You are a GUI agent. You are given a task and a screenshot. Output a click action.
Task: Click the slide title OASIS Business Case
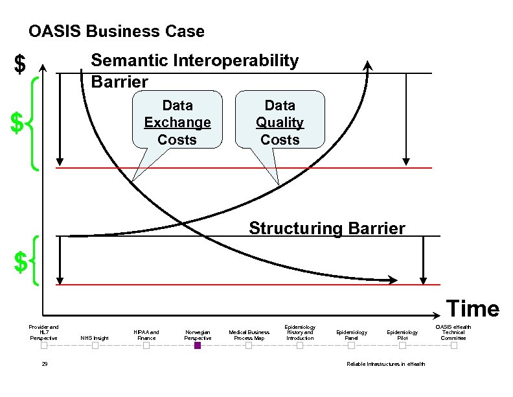(117, 31)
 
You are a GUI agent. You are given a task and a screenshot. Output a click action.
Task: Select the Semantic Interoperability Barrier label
(194, 71)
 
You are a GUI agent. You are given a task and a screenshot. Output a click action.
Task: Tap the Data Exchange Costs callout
(177, 122)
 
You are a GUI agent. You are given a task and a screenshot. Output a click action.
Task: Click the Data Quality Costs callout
(280, 122)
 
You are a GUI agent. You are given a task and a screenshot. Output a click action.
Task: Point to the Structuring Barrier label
(327, 228)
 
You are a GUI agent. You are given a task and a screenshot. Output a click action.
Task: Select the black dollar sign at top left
(21, 65)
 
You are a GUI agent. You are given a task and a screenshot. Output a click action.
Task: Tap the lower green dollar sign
(21, 263)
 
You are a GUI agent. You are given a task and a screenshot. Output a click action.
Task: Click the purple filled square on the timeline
(198, 346)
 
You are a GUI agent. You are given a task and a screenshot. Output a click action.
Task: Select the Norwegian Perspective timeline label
(198, 335)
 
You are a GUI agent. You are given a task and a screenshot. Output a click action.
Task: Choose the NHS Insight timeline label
(95, 338)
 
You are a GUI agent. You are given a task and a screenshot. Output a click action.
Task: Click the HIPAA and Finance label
(146, 335)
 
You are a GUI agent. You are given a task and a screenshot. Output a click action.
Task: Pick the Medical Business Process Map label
(249, 335)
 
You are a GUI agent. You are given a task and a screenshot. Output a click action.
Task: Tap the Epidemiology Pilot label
(402, 335)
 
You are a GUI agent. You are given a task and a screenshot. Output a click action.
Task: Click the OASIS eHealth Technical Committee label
(453, 332)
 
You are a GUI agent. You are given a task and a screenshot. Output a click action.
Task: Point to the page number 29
(44, 365)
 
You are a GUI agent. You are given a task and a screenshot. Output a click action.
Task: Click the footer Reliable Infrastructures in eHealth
(386, 365)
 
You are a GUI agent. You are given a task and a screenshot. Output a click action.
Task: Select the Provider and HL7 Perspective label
(44, 332)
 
